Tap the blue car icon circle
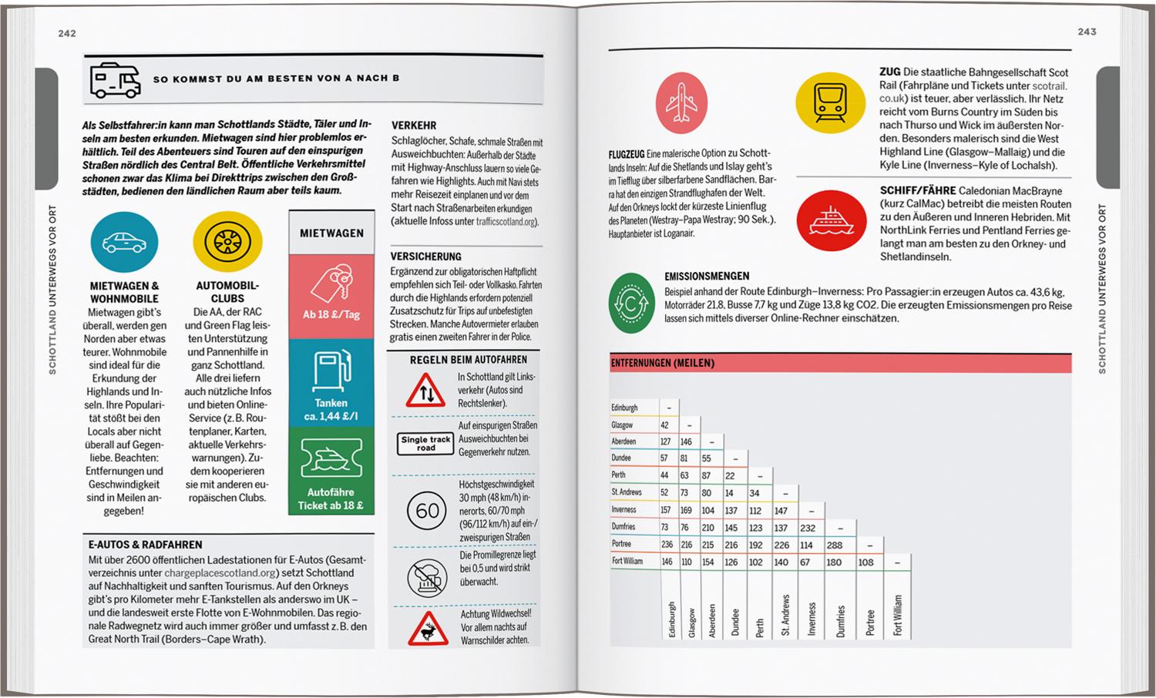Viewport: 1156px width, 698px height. (x=124, y=242)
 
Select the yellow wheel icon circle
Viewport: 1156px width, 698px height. (x=227, y=242)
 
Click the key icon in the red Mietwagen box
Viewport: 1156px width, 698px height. (x=331, y=284)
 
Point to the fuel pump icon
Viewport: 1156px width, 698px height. (x=331, y=371)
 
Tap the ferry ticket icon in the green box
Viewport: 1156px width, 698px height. (x=331, y=459)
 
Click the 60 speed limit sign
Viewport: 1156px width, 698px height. (x=427, y=510)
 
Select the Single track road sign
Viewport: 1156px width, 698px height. (x=425, y=443)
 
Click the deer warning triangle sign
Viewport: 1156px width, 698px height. (x=428, y=629)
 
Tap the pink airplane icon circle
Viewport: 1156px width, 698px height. (x=681, y=103)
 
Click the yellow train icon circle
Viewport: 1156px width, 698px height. (x=828, y=103)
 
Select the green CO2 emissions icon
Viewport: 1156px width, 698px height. (x=632, y=303)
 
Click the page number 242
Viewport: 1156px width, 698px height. (x=67, y=33)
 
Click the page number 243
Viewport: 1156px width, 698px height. (x=1087, y=32)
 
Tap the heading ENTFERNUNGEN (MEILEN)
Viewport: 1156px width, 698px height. (x=663, y=363)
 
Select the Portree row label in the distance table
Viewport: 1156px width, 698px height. (x=621, y=544)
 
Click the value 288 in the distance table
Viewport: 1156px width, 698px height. (x=835, y=545)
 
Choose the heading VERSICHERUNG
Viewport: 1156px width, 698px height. (x=425, y=257)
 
